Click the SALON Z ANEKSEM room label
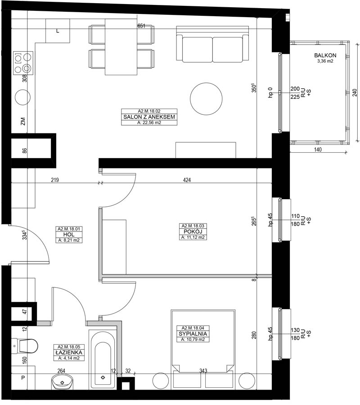click(x=149, y=117)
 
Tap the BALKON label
click(x=325, y=55)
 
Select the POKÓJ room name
click(x=193, y=232)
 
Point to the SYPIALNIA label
click(x=193, y=334)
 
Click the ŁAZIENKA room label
click(x=69, y=353)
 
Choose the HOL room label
click(x=69, y=235)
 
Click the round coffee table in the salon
click(x=206, y=99)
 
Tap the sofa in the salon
click(x=213, y=44)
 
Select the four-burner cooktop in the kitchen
click(x=23, y=63)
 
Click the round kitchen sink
click(x=22, y=97)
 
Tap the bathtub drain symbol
click(x=103, y=378)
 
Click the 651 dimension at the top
click(x=141, y=26)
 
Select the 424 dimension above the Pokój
click(x=187, y=180)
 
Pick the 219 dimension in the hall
click(x=55, y=180)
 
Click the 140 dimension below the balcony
click(x=318, y=149)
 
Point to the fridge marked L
click(x=58, y=31)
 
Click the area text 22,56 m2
click(x=149, y=123)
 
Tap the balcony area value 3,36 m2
click(x=325, y=61)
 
